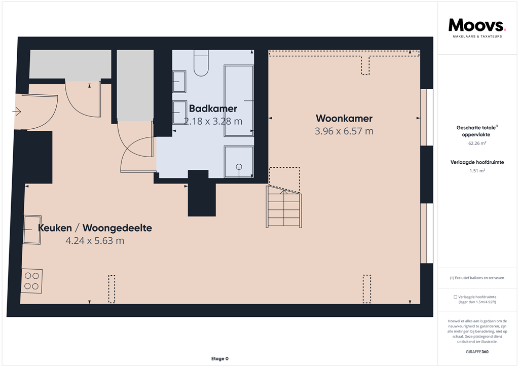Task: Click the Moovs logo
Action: point(477,26)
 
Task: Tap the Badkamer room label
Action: point(213,108)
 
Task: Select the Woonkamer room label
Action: point(344,119)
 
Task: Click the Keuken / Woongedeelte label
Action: point(95,228)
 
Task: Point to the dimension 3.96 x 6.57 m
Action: point(344,131)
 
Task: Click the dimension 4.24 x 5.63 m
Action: point(95,241)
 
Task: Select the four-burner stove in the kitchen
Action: point(31,281)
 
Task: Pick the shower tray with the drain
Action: point(239,162)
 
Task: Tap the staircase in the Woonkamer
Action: point(284,207)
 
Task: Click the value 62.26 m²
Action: point(476,143)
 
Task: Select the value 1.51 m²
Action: point(476,171)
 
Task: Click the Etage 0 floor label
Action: point(219,359)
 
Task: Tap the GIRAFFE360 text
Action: point(476,352)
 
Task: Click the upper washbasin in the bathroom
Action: point(179,79)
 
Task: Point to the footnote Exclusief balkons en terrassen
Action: point(476,278)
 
